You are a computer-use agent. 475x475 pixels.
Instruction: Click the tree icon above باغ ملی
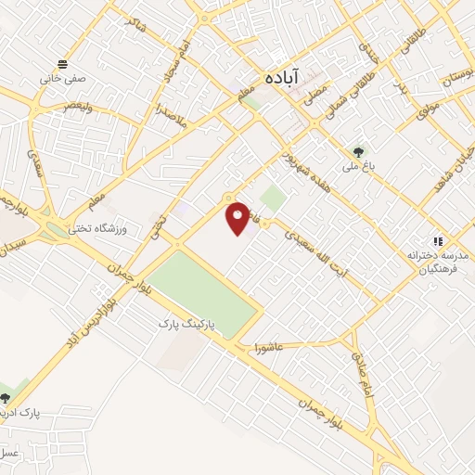coord(357,151)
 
